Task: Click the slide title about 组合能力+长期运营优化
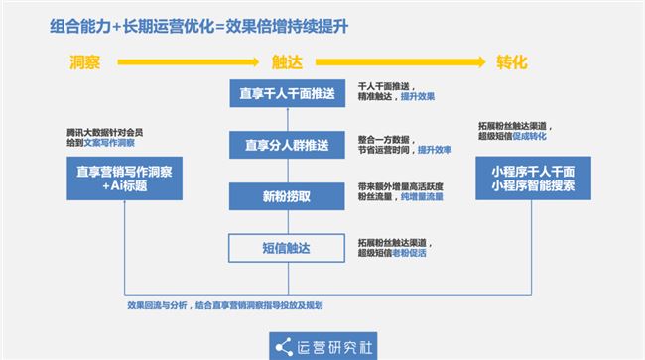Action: coord(199,27)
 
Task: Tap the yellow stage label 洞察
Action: coord(84,62)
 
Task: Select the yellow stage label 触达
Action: coord(287,62)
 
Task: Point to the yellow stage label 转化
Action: coord(512,62)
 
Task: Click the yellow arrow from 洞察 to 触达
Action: coord(188,62)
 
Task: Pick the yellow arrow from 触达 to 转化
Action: coord(400,62)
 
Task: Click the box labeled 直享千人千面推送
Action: coord(288,93)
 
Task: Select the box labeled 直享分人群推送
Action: coord(287,145)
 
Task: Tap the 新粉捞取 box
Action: coord(287,196)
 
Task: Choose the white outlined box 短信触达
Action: coord(287,248)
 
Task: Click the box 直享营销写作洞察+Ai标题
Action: coord(125,179)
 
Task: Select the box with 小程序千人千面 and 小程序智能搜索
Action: coord(534,179)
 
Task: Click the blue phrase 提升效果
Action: coord(418,96)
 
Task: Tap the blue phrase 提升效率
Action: coord(435,150)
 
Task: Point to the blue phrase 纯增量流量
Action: coord(422,197)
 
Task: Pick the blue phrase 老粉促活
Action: coord(409,253)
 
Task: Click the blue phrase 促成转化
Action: coord(530,137)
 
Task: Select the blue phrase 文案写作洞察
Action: coord(109,143)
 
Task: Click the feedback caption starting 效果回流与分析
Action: coord(225,305)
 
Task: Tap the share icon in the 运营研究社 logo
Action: coord(284,348)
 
